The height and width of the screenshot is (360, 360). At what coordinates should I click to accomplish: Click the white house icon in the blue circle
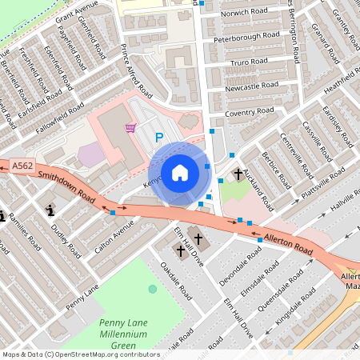point(180,172)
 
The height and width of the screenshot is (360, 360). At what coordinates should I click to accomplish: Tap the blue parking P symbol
point(158,138)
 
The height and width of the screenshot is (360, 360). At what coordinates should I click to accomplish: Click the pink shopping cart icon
point(130,128)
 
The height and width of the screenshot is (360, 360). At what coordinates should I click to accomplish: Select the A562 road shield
point(22,166)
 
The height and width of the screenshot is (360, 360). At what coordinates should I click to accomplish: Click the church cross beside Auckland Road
point(238,174)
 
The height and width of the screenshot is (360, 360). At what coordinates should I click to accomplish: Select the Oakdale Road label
point(176,281)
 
